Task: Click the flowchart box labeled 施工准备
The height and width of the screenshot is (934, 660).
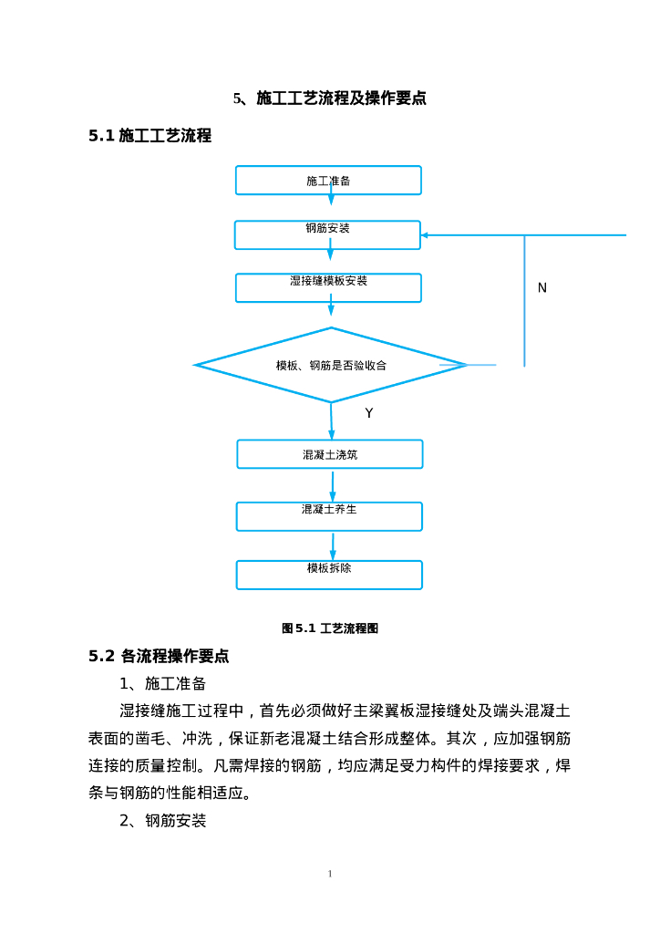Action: pyautogui.click(x=328, y=181)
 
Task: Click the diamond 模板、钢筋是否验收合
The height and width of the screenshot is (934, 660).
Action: pyautogui.click(x=331, y=365)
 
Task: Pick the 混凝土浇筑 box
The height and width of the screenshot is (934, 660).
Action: pyautogui.click(x=330, y=454)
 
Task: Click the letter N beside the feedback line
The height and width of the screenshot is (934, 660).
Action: pyautogui.click(x=542, y=288)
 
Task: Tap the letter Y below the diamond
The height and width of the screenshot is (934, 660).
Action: pyautogui.click(x=369, y=413)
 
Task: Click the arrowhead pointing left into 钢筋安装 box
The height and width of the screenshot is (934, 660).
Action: pyautogui.click(x=426, y=235)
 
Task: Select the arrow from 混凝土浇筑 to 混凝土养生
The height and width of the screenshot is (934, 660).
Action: pyautogui.click(x=332, y=485)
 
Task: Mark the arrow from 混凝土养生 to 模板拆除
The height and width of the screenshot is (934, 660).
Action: pyautogui.click(x=332, y=545)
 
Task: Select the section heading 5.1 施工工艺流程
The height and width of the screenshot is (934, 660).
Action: pyautogui.click(x=150, y=136)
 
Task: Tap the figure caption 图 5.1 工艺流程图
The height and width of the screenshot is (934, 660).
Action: pyautogui.click(x=330, y=628)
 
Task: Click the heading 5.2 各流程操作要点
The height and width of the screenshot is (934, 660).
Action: pyautogui.click(x=159, y=656)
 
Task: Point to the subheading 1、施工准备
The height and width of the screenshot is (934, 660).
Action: pyautogui.click(x=163, y=683)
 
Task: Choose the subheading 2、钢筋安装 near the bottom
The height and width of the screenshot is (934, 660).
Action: pyautogui.click(x=163, y=821)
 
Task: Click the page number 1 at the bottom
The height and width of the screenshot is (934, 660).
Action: pyautogui.click(x=330, y=874)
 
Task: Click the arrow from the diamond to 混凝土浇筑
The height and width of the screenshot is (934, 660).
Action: pyautogui.click(x=332, y=420)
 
